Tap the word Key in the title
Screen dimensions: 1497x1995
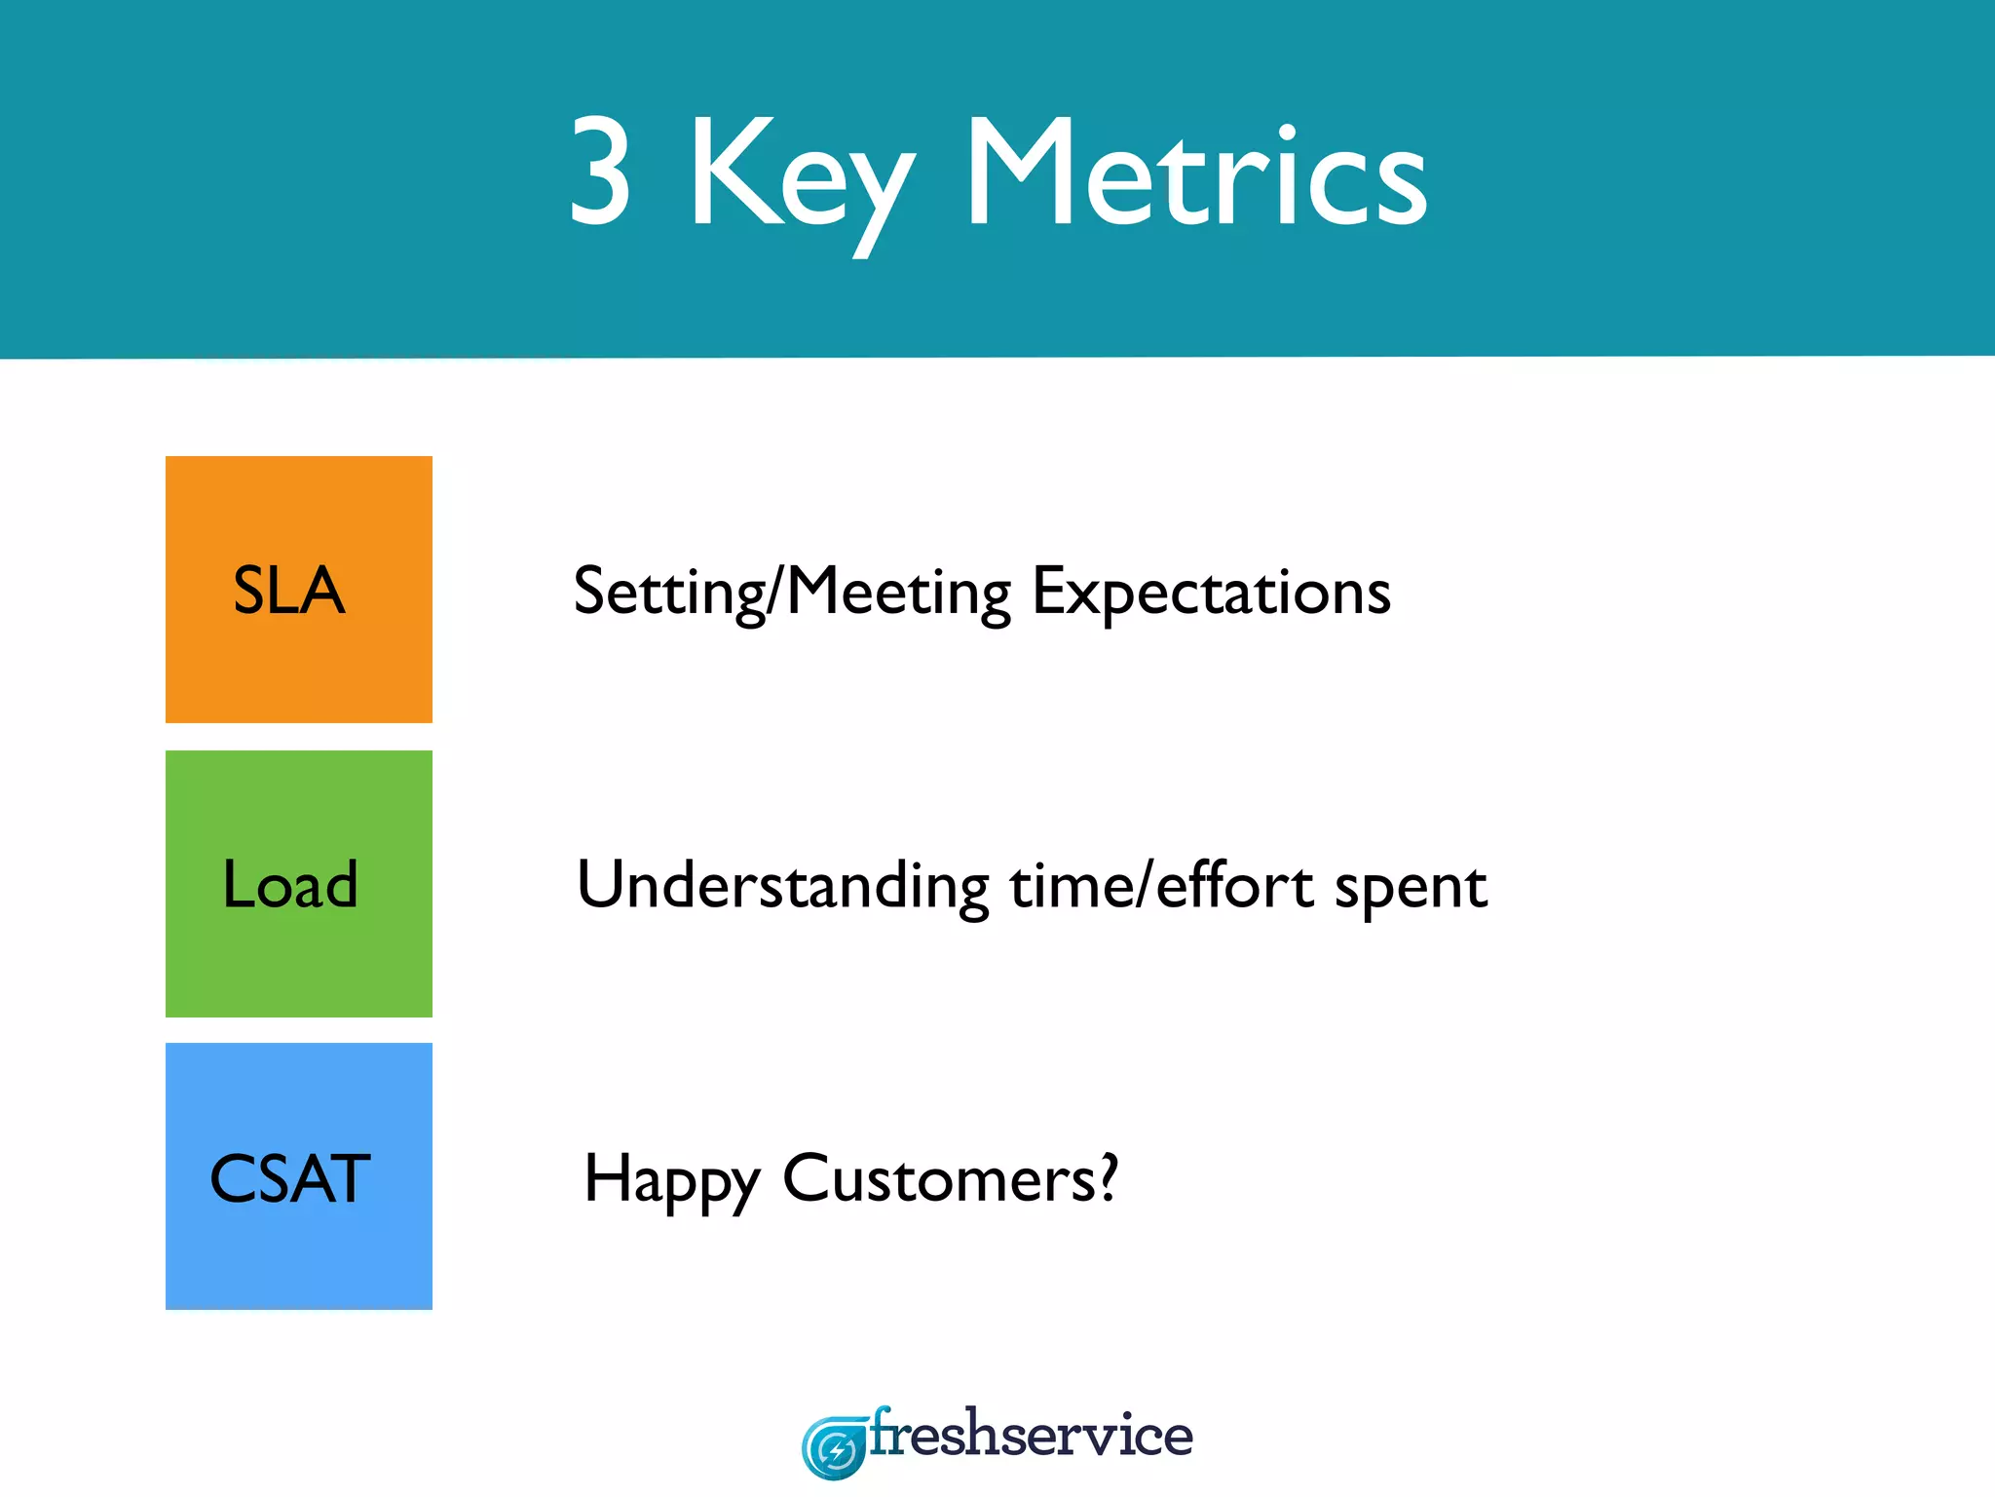(x=801, y=180)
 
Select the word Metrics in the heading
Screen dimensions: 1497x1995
(x=1196, y=173)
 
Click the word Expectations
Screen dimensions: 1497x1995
(x=1211, y=592)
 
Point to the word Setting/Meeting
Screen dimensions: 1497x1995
(x=792, y=592)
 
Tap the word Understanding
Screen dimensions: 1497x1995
(x=783, y=886)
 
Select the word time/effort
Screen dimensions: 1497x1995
(x=1161, y=886)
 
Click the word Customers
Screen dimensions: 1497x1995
(x=940, y=1179)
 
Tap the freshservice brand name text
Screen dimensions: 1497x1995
(x=1031, y=1436)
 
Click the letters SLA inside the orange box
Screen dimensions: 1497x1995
(x=289, y=591)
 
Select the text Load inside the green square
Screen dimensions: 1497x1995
(x=290, y=885)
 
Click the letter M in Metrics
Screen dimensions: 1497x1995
(x=1020, y=173)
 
